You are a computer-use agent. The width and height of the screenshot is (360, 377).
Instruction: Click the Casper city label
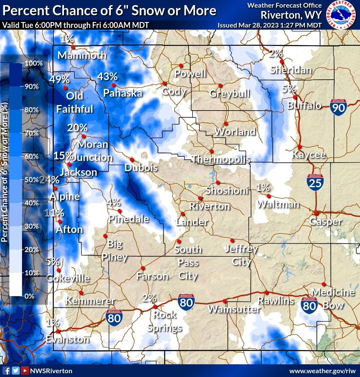(x=325, y=222)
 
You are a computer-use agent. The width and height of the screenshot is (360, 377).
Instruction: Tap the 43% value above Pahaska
(x=107, y=77)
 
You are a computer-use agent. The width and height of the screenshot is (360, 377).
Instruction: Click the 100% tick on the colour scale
(x=34, y=64)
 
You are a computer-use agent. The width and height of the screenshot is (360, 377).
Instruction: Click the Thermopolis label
(x=220, y=159)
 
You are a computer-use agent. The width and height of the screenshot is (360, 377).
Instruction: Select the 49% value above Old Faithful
(x=59, y=79)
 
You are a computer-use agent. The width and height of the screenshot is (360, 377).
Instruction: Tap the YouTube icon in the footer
(x=25, y=371)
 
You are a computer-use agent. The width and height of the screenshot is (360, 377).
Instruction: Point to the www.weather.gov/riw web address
(x=323, y=371)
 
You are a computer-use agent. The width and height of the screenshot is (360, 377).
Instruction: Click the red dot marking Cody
(x=164, y=83)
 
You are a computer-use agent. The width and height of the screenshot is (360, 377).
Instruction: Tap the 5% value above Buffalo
(x=289, y=89)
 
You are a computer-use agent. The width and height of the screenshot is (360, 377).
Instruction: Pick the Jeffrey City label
(x=241, y=255)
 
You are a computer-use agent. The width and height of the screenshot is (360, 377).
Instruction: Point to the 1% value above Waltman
(x=263, y=187)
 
